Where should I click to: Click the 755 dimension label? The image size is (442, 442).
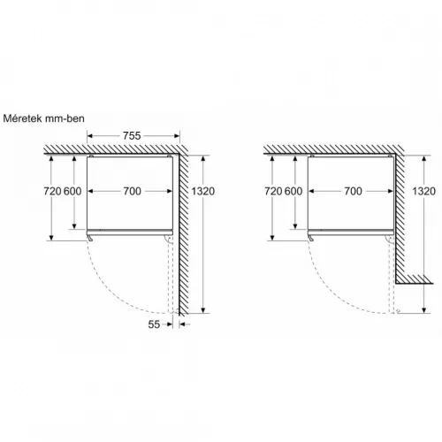[131, 135]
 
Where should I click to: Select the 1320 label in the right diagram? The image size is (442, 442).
[423, 191]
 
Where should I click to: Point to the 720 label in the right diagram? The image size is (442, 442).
[273, 191]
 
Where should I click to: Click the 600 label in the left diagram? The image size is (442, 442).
[72, 191]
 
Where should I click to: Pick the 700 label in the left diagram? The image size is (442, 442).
[131, 191]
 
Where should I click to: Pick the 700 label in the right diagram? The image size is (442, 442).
[353, 191]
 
